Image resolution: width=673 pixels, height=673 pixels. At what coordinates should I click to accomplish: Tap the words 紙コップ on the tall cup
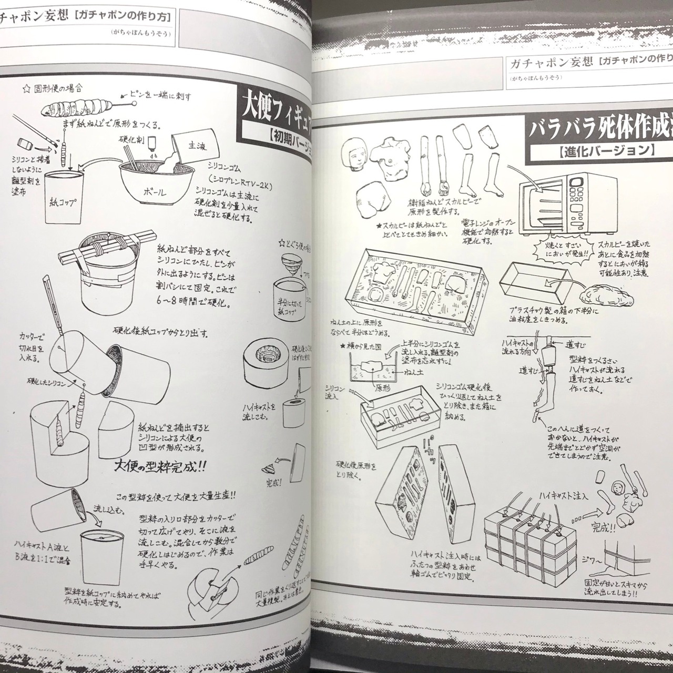63,202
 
